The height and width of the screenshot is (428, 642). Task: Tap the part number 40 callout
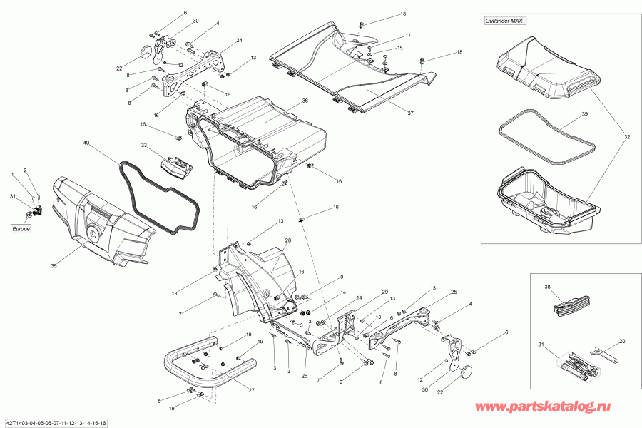pos(86,144)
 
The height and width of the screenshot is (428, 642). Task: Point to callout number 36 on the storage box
pos(305,101)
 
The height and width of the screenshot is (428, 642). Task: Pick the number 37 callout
pos(410,113)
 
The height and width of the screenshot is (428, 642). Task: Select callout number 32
pos(627,138)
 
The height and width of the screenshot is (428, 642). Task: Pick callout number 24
pos(240,40)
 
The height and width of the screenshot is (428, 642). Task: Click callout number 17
pos(409,36)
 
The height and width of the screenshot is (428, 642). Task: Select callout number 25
pos(454,292)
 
